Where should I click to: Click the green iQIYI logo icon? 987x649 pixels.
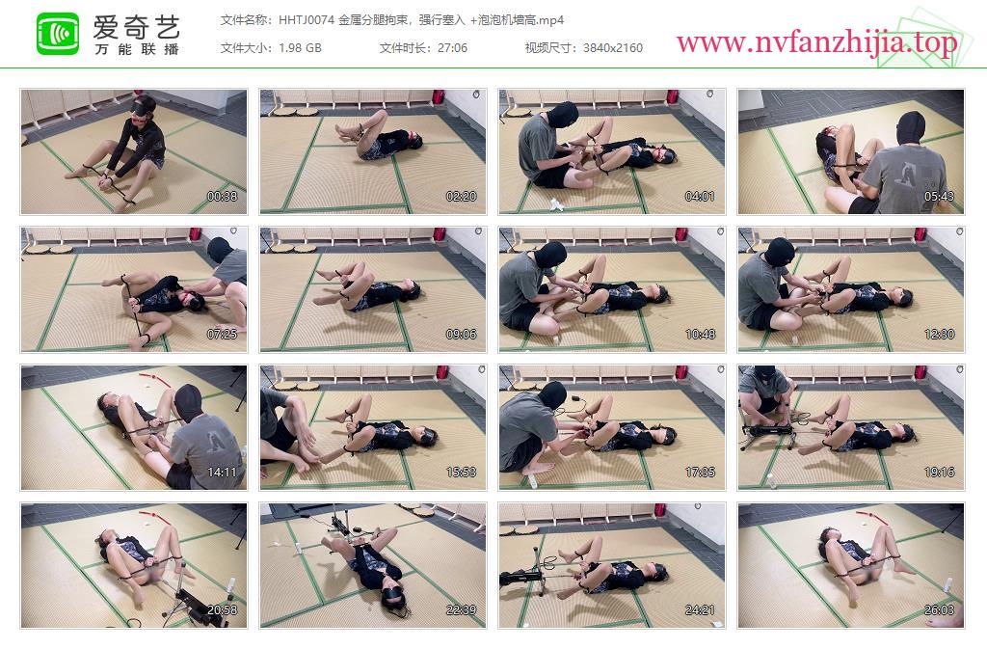tap(58, 34)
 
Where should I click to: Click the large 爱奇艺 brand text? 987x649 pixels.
tap(137, 26)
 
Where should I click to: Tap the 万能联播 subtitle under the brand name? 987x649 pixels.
tap(137, 49)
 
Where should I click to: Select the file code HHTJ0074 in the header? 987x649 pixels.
tap(307, 20)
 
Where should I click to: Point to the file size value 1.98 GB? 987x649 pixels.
tap(300, 48)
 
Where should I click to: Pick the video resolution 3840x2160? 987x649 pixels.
tap(612, 48)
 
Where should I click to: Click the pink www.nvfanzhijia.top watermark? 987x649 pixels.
tap(816, 42)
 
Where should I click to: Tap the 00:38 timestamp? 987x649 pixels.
tap(223, 197)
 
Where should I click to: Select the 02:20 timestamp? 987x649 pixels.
tap(462, 197)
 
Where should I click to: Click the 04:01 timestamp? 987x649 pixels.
tap(700, 197)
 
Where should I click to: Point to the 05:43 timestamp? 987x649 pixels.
tap(939, 197)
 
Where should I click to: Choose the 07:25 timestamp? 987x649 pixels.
tap(223, 335)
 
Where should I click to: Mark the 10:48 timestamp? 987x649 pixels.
tap(700, 335)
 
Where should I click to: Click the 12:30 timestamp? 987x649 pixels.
tap(939, 335)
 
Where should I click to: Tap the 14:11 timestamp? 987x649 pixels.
tap(223, 473)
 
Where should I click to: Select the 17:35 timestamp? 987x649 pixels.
tap(700, 473)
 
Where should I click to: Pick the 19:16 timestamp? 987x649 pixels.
tap(939, 473)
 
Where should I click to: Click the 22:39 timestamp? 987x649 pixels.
tap(462, 610)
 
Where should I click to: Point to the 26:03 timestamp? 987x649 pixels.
tap(939, 610)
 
